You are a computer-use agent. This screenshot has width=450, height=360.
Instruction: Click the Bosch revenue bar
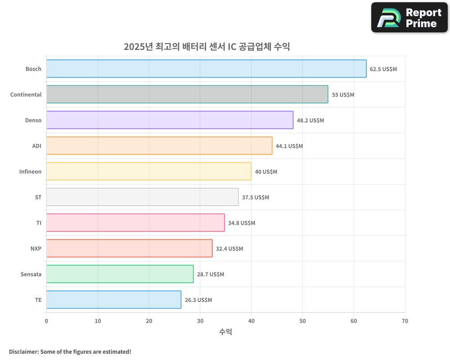click(x=206, y=69)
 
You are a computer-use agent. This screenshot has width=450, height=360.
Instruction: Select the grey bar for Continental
click(x=187, y=94)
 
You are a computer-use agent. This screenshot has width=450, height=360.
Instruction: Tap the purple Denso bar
click(x=170, y=120)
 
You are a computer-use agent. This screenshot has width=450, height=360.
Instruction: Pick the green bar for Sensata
click(x=120, y=274)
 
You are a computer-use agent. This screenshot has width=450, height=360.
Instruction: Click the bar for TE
click(x=114, y=300)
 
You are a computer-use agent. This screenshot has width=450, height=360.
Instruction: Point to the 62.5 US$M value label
click(x=383, y=69)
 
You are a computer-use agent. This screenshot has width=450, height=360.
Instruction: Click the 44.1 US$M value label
click(x=289, y=146)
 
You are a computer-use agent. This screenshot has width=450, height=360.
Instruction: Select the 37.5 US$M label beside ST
click(x=256, y=198)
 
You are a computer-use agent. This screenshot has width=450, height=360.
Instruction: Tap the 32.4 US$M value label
click(x=229, y=249)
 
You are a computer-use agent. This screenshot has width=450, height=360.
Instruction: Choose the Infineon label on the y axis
click(x=30, y=172)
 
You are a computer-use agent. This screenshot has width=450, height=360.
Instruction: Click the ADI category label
click(x=37, y=146)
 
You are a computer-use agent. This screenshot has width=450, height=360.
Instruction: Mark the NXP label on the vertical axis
click(x=36, y=249)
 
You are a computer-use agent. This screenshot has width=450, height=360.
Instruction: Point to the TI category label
click(x=39, y=223)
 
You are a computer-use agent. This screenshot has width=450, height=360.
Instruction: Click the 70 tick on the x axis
click(x=405, y=321)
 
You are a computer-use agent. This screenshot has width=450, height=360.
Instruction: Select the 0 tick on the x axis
click(x=46, y=321)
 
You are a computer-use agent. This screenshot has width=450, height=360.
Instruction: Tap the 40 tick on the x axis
click(x=251, y=321)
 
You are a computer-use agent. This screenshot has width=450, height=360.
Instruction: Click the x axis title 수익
click(x=225, y=332)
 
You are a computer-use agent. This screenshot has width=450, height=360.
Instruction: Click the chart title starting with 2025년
click(x=207, y=46)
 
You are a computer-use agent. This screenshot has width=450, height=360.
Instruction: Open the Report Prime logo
click(x=409, y=18)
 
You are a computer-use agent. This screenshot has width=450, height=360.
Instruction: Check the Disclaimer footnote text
click(x=70, y=351)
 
